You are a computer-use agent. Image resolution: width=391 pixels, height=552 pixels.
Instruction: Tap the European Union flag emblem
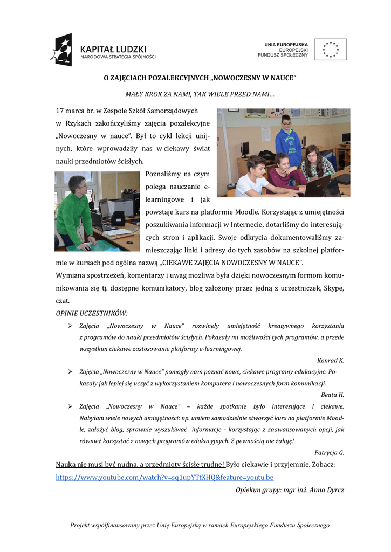[x=331, y=50]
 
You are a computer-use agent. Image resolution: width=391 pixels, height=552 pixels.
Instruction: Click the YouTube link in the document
[x=164, y=477]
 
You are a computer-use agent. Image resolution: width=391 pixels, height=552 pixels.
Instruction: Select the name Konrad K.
[x=331, y=360]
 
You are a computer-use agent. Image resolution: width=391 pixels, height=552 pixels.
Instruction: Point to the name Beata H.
[x=332, y=395]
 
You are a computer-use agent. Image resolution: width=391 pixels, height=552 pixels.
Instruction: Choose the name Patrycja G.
[x=329, y=452]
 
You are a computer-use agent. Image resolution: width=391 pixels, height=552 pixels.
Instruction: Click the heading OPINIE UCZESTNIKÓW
[x=92, y=313]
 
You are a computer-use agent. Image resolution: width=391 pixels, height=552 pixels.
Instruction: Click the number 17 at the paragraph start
[x=60, y=111]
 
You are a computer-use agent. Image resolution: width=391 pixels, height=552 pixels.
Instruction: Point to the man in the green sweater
[x=74, y=211]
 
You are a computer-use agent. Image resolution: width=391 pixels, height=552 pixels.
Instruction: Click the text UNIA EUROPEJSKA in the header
[x=286, y=44]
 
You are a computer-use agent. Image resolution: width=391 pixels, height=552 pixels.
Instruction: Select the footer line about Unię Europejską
[x=200, y=525]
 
